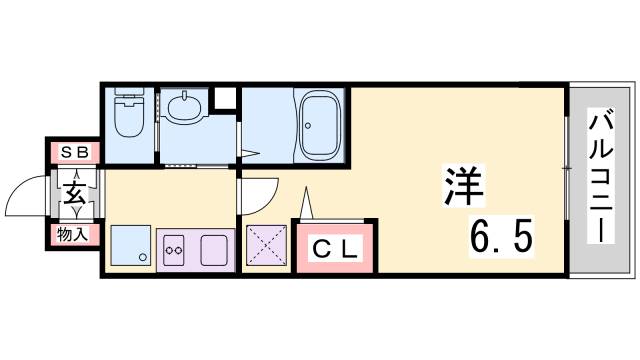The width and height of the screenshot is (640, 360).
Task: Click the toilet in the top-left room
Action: (x=128, y=116)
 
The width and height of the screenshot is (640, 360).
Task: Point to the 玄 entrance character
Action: (x=75, y=194)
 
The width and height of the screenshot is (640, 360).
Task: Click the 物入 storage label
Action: (x=72, y=235)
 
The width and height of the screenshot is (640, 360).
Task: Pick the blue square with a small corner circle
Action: (x=130, y=246)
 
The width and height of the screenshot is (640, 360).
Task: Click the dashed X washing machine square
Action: (x=266, y=246)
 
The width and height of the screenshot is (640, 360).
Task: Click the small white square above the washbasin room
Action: (x=227, y=96)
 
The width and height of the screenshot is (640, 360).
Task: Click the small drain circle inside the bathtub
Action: (x=308, y=127)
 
